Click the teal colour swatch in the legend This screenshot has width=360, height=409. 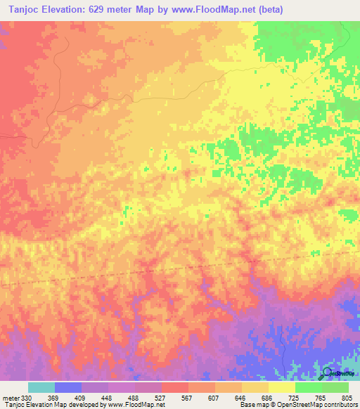pyautogui.click(x=41, y=387)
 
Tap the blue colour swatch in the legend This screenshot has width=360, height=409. pyautogui.click(x=68, y=387)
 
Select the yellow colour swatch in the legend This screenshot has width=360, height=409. pyautogui.click(x=281, y=387)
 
